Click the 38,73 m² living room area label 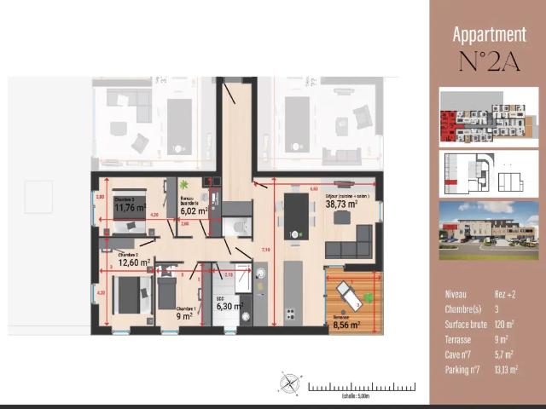coord(342,204)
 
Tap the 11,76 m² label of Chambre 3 coord(130,206)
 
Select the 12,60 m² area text coord(134,262)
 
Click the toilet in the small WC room coord(239,227)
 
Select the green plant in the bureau coord(184,185)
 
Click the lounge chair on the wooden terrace coord(350,295)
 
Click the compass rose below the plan coord(291,385)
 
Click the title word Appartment coord(489,35)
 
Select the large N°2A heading coord(489,62)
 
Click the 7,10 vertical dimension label coord(266,250)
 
